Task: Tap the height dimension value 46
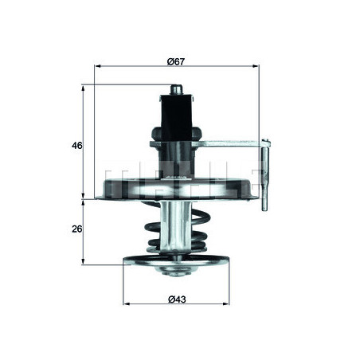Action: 76,145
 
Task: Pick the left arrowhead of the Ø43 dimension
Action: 126,303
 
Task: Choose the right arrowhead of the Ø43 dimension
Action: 229,303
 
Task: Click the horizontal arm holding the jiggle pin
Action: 231,144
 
